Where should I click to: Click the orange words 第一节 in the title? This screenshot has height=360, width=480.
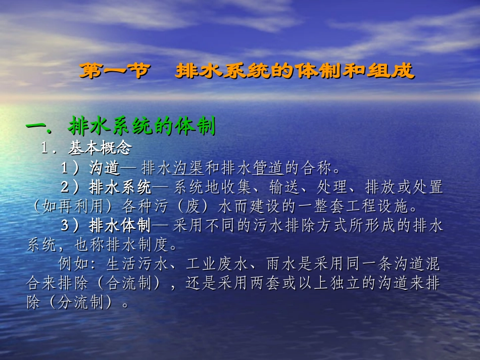tap(114, 71)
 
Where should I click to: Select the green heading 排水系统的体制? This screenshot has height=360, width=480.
tap(142, 126)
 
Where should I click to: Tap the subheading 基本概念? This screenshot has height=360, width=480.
tap(100, 148)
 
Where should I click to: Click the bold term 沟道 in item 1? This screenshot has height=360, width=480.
tap(105, 167)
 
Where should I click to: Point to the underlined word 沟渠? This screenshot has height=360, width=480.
tap(188, 167)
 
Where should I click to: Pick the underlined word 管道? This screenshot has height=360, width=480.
tap(269, 167)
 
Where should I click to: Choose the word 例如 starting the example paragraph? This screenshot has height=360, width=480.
tap(74, 264)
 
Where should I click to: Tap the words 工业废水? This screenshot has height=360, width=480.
tap(213, 264)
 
